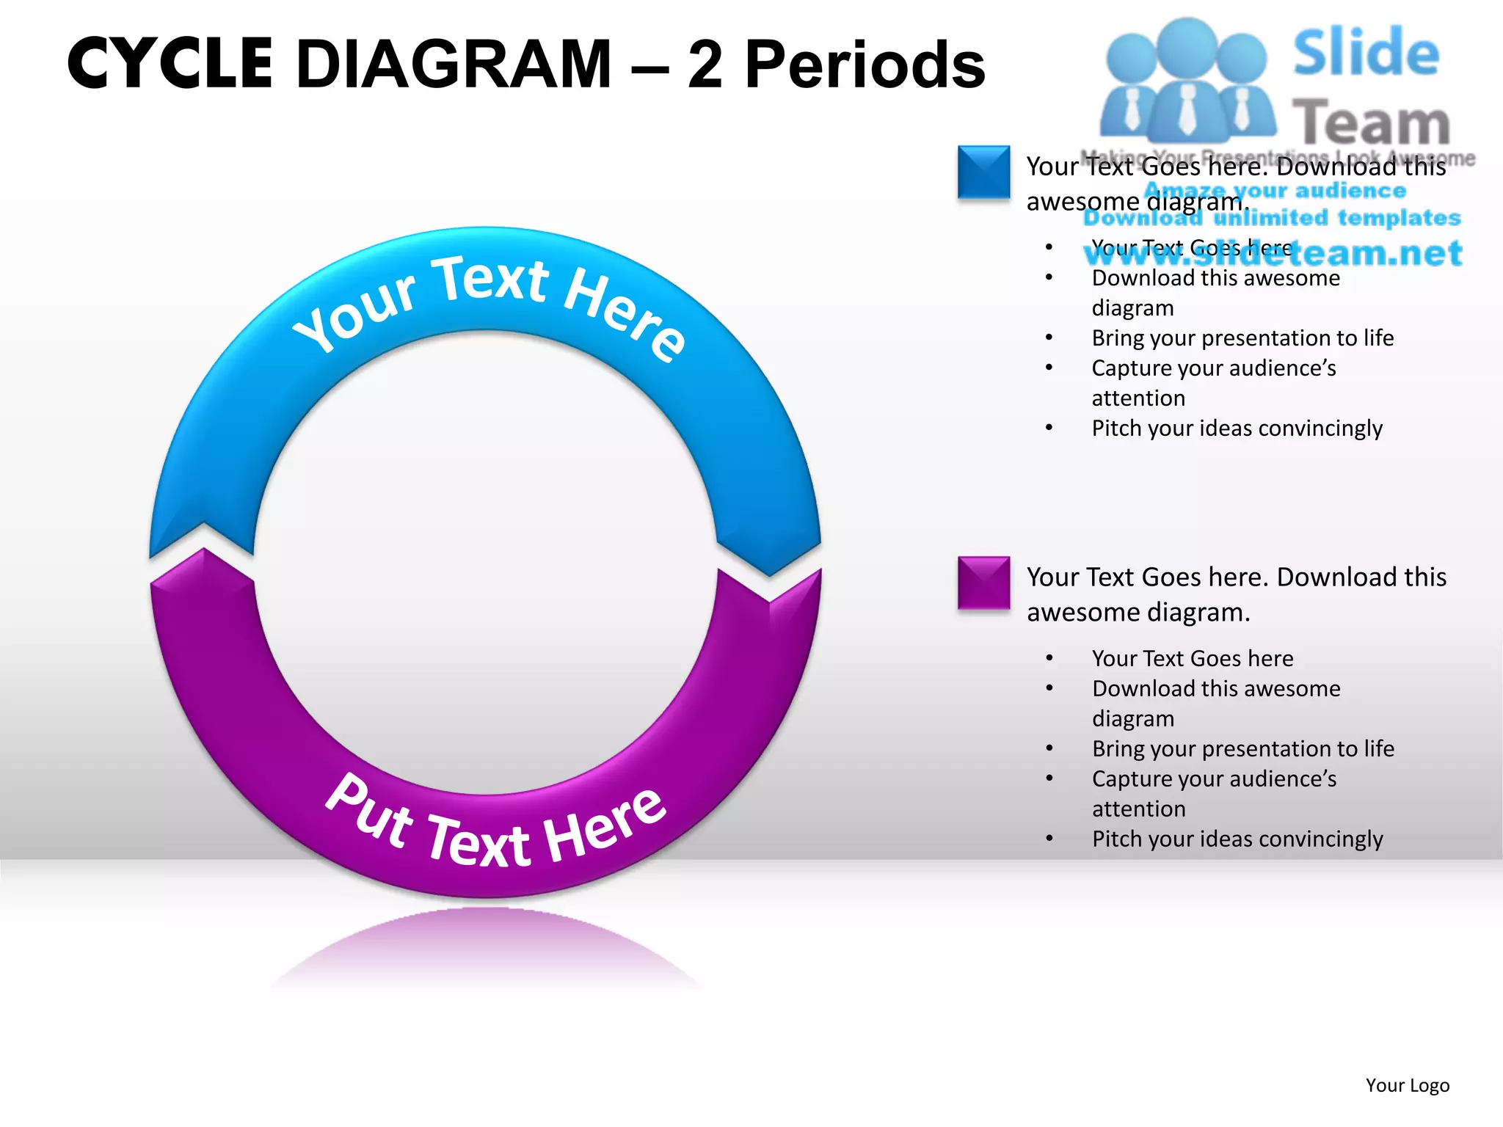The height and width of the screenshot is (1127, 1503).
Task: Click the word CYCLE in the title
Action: (170, 65)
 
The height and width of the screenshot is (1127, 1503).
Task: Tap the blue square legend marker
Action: (983, 172)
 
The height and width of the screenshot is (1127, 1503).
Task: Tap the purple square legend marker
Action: (983, 583)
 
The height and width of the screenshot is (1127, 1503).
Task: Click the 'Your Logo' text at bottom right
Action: (1407, 1085)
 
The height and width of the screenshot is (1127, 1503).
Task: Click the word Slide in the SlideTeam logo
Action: (1366, 53)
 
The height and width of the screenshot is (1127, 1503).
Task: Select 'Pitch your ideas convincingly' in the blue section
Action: (1237, 428)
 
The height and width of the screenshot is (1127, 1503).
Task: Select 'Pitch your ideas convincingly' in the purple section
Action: (1237, 839)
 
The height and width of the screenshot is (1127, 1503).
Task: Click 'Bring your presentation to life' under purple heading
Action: (1242, 748)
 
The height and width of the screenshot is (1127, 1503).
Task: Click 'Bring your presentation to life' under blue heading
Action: (1242, 338)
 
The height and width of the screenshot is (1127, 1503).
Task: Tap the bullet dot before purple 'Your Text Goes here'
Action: (1049, 658)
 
